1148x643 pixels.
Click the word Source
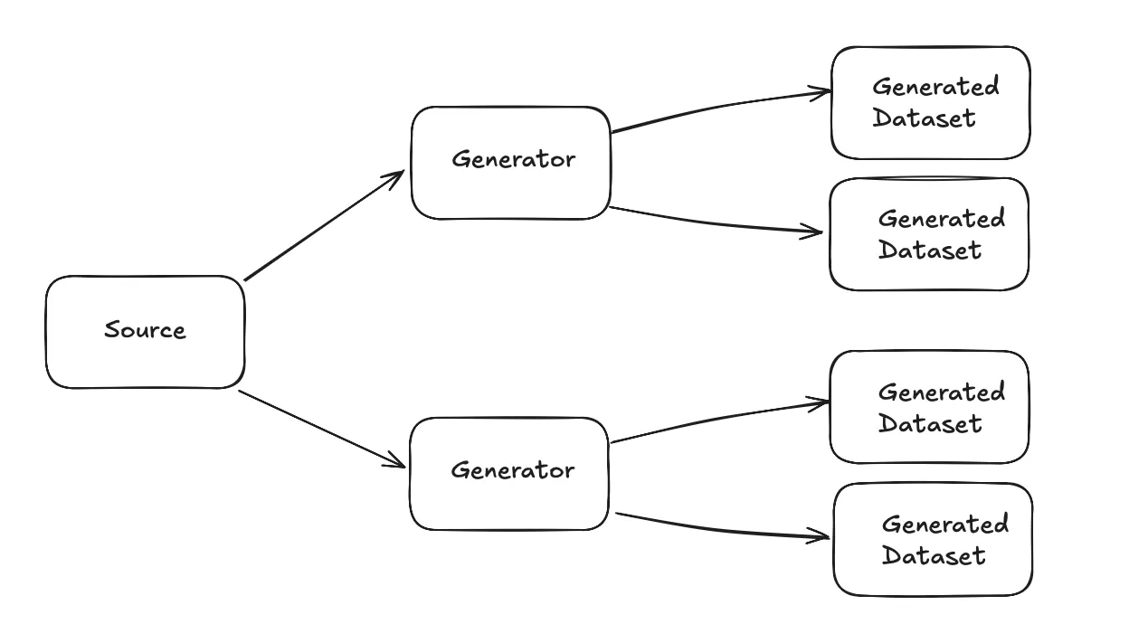coord(145,330)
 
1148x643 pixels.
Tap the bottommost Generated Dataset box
coord(933,579)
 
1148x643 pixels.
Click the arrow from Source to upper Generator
coord(323,226)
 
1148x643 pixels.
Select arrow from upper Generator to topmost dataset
coord(719,108)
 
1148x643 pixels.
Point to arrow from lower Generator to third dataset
coord(719,416)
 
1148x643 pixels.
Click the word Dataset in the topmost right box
coord(924,118)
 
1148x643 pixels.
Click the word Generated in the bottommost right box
coord(944,525)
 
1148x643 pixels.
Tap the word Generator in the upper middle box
coord(513,160)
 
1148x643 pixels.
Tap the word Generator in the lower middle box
coord(511,471)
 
